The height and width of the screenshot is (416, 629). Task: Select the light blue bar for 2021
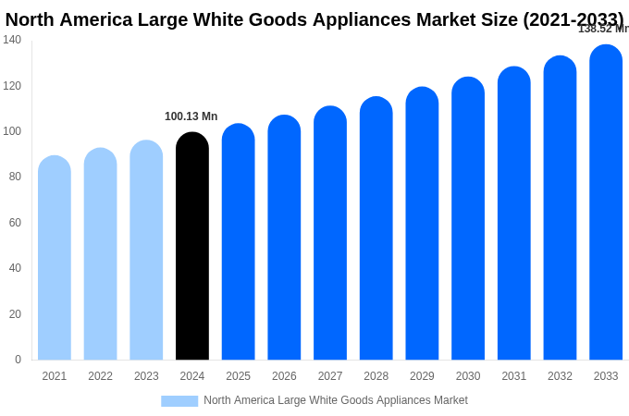(55, 258)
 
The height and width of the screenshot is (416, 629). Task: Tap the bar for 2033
(606, 202)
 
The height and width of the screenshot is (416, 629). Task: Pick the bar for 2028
(376, 228)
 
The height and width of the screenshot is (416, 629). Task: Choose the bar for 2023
(146, 251)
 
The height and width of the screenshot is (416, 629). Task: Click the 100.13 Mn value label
(191, 116)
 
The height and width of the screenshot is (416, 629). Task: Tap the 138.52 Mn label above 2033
(603, 29)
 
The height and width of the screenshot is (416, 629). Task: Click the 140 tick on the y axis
(12, 40)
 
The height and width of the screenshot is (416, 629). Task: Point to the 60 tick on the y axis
(16, 223)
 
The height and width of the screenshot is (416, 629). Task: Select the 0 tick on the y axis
(18, 360)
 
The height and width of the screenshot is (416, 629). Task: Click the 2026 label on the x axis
(284, 376)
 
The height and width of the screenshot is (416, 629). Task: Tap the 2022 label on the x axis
(101, 376)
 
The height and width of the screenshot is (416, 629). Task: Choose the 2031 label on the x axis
(514, 376)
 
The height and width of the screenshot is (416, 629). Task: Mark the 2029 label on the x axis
(422, 376)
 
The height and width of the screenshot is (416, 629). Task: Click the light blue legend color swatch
(179, 401)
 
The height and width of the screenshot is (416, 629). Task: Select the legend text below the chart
(336, 400)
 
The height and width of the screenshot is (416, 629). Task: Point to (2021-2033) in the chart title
(573, 19)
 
